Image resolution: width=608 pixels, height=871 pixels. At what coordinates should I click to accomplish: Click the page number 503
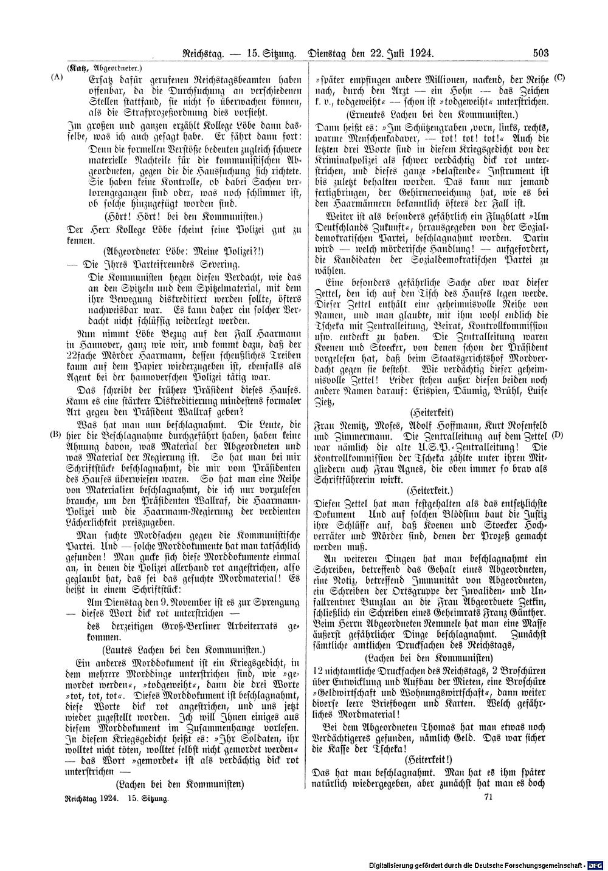[x=541, y=53]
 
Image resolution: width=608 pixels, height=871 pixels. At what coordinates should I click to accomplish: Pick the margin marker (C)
[x=560, y=79]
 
